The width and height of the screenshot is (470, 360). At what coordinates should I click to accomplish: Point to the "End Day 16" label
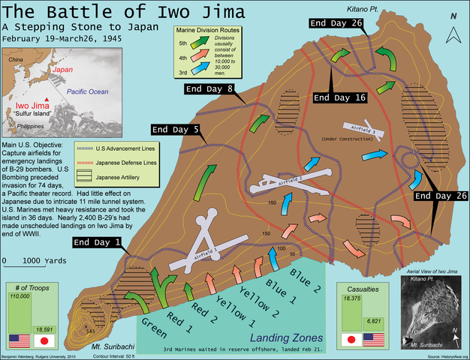click(339, 97)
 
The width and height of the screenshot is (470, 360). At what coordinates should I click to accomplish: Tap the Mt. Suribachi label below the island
click(103, 348)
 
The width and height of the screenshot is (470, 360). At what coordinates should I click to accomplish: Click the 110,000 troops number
click(20, 297)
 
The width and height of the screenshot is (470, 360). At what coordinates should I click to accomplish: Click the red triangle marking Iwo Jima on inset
click(47, 100)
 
